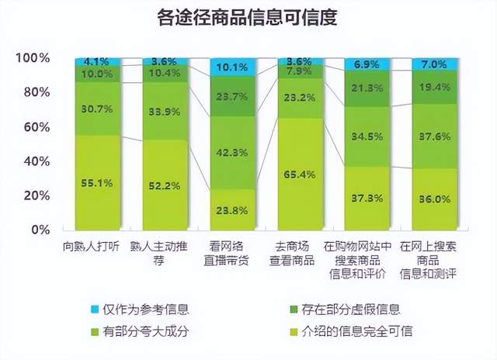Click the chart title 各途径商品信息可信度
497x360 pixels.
pyautogui.click(x=248, y=17)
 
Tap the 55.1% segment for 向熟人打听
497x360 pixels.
pyautogui.click(x=98, y=182)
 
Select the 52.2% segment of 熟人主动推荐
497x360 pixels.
pyautogui.click(x=165, y=185)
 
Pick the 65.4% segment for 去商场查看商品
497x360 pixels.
pyautogui.click(x=300, y=174)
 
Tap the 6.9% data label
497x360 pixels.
pyautogui.click(x=367, y=62)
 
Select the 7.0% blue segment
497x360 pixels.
pyautogui.click(x=434, y=64)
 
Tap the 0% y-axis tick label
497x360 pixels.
pyautogui.click(x=40, y=230)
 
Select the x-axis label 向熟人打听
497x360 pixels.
pyautogui.click(x=97, y=246)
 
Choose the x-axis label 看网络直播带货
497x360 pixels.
pyautogui.click(x=232, y=252)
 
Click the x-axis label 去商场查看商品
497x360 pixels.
pyautogui.click(x=299, y=252)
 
